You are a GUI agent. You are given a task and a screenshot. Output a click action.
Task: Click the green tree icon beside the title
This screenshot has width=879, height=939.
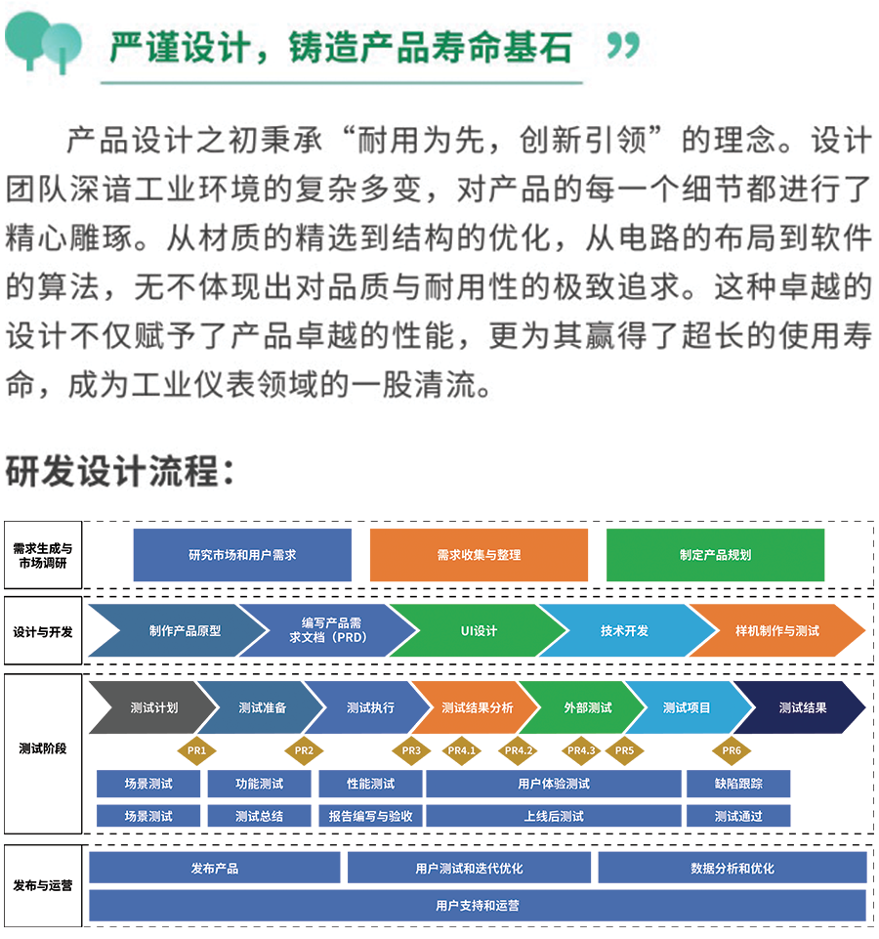(x=43, y=43)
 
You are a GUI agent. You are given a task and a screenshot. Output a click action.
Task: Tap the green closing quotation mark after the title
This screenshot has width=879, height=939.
(x=623, y=46)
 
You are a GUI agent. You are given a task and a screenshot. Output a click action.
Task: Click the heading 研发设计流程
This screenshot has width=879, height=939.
(x=119, y=472)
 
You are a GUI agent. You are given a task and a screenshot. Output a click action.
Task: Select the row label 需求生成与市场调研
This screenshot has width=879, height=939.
(x=43, y=555)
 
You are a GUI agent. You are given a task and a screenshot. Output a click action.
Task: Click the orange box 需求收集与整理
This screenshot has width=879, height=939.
(x=479, y=555)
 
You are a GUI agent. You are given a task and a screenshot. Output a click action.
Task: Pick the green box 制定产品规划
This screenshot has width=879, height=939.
(x=715, y=555)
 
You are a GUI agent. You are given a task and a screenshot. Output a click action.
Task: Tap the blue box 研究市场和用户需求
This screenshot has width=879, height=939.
(x=242, y=555)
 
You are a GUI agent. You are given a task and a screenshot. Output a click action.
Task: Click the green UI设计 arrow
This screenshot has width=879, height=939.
(x=479, y=630)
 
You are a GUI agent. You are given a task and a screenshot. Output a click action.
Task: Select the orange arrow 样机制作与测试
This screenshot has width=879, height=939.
(x=777, y=630)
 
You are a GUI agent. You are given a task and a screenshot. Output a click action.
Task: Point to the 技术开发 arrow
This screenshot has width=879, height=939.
(x=624, y=630)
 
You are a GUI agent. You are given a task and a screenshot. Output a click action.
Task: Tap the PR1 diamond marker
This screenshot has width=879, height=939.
(x=196, y=750)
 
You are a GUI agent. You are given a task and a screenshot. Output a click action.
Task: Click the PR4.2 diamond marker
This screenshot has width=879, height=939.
(x=519, y=750)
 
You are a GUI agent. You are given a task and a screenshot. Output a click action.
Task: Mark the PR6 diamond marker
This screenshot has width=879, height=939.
(x=732, y=750)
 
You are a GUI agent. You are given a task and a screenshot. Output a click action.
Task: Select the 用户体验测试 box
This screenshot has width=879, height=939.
(x=553, y=784)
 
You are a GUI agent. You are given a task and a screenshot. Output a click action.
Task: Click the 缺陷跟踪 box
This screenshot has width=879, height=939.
(x=738, y=784)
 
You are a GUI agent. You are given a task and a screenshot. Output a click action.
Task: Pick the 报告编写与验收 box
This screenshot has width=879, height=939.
(x=370, y=816)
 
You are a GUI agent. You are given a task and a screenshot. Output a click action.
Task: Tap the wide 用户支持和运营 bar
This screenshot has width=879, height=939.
(x=478, y=905)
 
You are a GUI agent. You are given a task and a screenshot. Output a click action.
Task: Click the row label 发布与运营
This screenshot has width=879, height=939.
(x=43, y=885)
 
